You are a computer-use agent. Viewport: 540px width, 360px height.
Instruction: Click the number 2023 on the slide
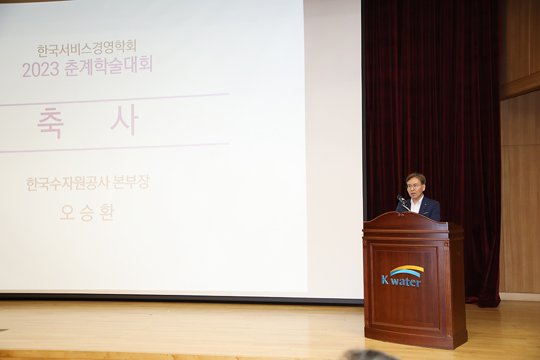[40, 70]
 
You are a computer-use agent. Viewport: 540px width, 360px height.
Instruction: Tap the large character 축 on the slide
[50, 123]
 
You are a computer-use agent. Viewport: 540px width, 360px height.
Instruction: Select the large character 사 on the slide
[125, 120]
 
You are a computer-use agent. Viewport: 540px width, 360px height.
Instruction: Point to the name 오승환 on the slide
[87, 212]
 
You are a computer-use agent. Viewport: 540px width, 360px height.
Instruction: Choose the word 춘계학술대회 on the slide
[108, 66]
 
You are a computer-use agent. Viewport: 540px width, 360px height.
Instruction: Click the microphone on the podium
[402, 200]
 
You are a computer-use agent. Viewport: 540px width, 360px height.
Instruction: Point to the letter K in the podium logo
[384, 280]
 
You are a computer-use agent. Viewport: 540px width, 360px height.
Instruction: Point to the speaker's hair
[416, 177]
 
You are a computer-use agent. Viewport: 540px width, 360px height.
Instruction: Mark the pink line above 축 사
[114, 99]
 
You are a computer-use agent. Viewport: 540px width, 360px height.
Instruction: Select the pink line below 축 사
[114, 148]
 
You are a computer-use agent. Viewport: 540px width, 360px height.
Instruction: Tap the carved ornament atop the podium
[400, 214]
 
